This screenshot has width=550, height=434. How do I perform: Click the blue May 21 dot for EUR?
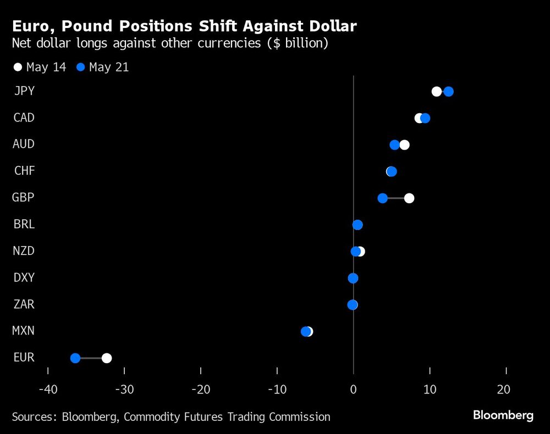coord(75,358)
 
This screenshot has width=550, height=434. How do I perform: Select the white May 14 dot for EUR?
coord(107,358)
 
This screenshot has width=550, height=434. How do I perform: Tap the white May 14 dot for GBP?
coord(409,198)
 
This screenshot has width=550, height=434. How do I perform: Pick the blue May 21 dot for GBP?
coord(383,198)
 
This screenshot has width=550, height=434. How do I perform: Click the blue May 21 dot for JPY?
coord(448,91)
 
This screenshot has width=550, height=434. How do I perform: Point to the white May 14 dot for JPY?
coord(436,91)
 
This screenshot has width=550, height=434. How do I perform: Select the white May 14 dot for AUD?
coord(404,145)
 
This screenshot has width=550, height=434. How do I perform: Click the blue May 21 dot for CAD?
coord(425,118)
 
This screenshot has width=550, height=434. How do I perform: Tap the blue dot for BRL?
coord(358,225)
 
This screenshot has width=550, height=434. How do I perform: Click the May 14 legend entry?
coord(40,68)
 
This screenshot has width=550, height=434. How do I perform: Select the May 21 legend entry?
coord(103,68)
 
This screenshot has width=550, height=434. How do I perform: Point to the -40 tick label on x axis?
coord(48,390)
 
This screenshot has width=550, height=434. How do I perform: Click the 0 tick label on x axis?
coord(353,390)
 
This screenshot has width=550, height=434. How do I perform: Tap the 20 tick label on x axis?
coord(503,390)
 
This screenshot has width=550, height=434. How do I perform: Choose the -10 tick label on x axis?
coord(277,390)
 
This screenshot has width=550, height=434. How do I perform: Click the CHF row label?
coord(25,171)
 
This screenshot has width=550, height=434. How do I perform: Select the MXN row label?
coord(24,331)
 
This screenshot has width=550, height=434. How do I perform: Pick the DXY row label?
coord(24,277)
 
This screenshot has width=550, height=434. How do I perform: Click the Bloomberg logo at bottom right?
coord(503,415)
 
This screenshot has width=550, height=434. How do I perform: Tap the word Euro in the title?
coord(31,26)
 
